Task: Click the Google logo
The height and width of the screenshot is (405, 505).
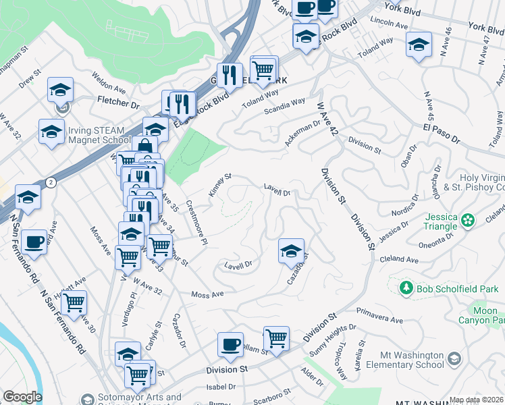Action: coord(22,397)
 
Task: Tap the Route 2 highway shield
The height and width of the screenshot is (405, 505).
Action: coord(51,182)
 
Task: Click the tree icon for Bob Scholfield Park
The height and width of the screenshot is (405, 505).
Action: coord(406,289)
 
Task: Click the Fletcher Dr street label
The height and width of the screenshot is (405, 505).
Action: coord(117,105)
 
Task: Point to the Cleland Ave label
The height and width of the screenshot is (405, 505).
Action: coord(398,259)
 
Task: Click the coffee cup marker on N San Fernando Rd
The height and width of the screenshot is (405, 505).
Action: coord(34,242)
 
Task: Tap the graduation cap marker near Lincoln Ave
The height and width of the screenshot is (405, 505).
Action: coord(419,45)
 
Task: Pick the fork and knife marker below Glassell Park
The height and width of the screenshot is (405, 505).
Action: coord(178,103)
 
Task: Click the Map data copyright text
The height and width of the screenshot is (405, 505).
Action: coord(477,400)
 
